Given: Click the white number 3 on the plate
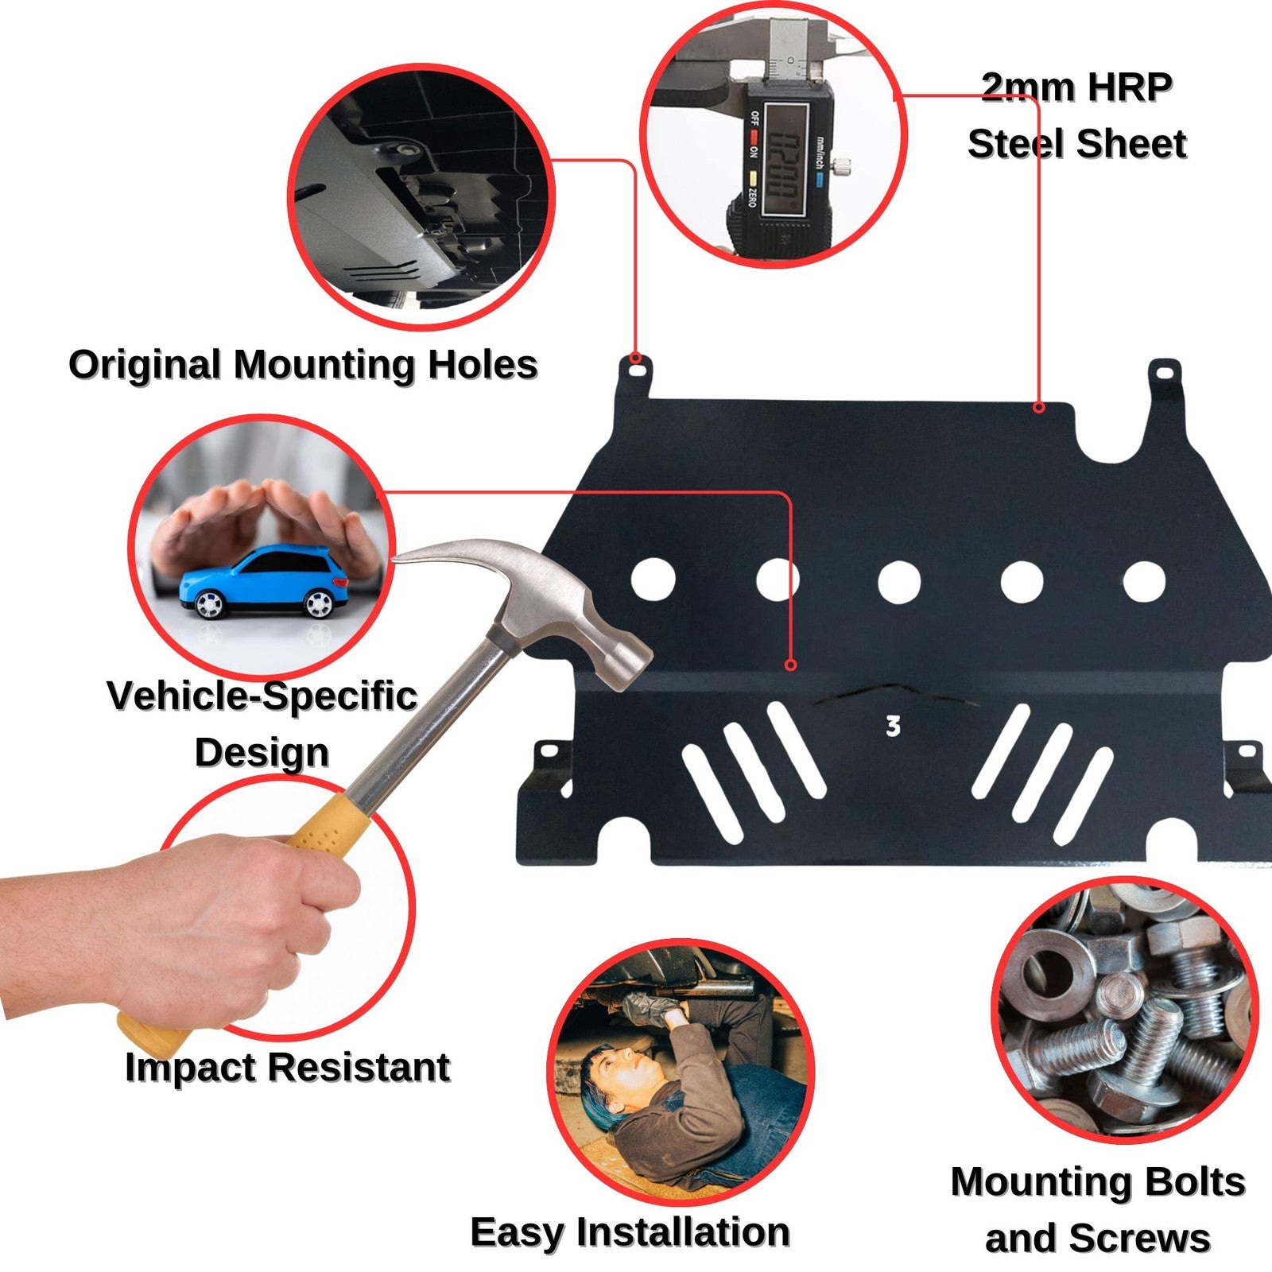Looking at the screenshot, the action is tap(893, 726).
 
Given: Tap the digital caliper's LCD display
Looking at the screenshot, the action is tap(782, 160).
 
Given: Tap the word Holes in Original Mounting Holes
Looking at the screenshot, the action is tap(483, 365).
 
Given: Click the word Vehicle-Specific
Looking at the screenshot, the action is tap(262, 696).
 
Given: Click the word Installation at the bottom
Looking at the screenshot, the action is tap(684, 1232).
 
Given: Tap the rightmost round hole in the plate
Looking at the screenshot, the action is tap(1144, 581).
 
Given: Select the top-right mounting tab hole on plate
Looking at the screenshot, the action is tap(1166, 370).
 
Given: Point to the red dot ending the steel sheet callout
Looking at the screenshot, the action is tap(1038, 408).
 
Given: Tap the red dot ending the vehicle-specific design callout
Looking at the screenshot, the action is tap(790, 665).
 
